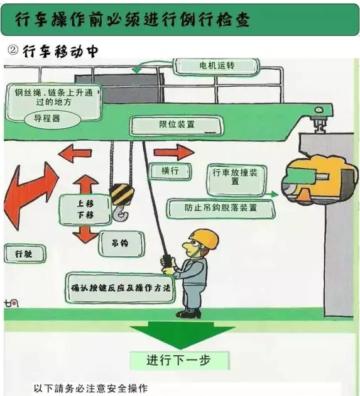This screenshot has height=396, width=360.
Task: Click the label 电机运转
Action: [216, 65]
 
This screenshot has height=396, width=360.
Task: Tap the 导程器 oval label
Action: [48, 118]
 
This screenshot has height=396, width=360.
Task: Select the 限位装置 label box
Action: [177, 124]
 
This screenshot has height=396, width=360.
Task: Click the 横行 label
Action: [170, 170]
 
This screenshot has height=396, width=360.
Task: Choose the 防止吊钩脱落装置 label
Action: [221, 207]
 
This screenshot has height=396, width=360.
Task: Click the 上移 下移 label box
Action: [85, 209]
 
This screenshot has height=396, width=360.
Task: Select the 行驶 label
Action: [23, 254]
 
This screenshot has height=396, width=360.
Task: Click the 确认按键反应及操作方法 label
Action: [121, 288]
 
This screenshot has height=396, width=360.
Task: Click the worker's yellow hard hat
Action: [204, 239]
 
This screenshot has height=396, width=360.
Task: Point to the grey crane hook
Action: [120, 213]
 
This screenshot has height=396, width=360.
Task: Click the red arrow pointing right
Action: [173, 152]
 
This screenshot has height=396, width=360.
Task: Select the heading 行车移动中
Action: [60, 50]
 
